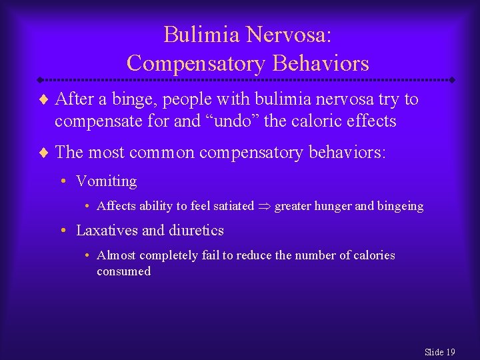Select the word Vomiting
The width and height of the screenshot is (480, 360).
[x=107, y=181]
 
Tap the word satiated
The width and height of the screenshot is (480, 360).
[x=230, y=206]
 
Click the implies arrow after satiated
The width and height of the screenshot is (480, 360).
[x=264, y=207]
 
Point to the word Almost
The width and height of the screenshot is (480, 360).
[x=116, y=255]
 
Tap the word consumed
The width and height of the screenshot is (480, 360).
[x=123, y=271]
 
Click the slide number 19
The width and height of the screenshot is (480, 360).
[x=450, y=352]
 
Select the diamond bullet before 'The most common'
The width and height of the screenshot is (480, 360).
[x=45, y=153]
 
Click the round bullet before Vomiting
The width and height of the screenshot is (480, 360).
[x=62, y=182]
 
